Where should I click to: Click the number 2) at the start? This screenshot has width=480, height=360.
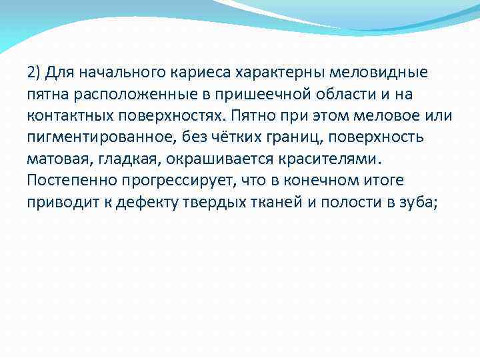pyautogui.click(x=34, y=71)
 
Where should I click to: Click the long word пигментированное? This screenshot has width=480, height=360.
pyautogui.click(x=97, y=138)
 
